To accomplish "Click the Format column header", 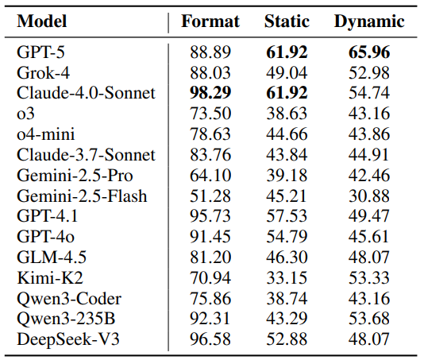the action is pyautogui.click(x=210, y=21).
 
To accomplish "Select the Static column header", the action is pyautogui.click(x=287, y=21).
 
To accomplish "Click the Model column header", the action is pyautogui.click(x=41, y=21).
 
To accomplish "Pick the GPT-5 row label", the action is pyautogui.click(x=40, y=52).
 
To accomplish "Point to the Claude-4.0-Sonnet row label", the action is pyautogui.click(x=86, y=93).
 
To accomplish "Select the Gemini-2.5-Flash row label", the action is pyautogui.click(x=82, y=195).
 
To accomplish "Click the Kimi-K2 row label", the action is pyautogui.click(x=50, y=277).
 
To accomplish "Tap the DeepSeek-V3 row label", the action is pyautogui.click(x=67, y=339).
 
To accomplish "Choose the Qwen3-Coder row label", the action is pyautogui.click(x=69, y=299).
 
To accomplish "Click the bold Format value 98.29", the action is pyautogui.click(x=210, y=93).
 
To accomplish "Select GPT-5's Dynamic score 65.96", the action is pyautogui.click(x=369, y=52).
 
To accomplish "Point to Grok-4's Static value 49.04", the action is pyautogui.click(x=287, y=72).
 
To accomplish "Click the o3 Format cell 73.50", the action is pyautogui.click(x=210, y=114).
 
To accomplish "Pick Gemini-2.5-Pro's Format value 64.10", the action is pyautogui.click(x=210, y=175).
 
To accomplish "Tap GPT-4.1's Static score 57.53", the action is pyautogui.click(x=287, y=216).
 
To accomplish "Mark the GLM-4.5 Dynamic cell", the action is pyautogui.click(x=369, y=257).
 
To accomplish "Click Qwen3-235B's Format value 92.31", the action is pyautogui.click(x=210, y=319).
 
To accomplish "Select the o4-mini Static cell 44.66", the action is pyautogui.click(x=287, y=134).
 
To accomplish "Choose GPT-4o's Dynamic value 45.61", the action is pyautogui.click(x=368, y=237).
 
